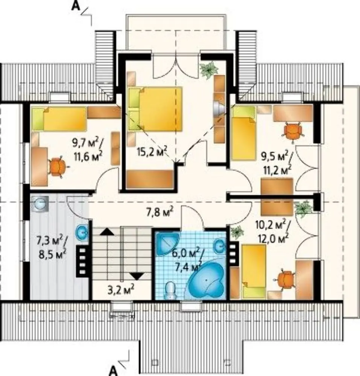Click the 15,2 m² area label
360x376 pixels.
[152, 152]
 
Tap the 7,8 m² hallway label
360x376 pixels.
[160, 212]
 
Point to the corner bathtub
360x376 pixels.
[207, 280]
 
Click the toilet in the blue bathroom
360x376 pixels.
[170, 290]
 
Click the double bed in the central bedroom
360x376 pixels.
[155, 109]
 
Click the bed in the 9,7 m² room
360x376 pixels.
[59, 119]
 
